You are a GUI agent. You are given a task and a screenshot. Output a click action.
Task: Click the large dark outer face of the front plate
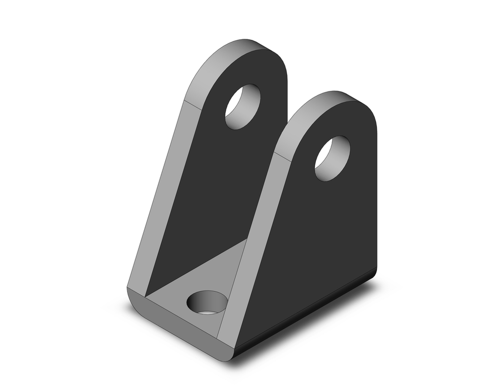point(323,237)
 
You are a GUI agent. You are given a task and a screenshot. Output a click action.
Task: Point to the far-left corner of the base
point(128,290)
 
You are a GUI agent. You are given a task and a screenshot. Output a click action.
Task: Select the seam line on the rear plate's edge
point(196,105)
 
